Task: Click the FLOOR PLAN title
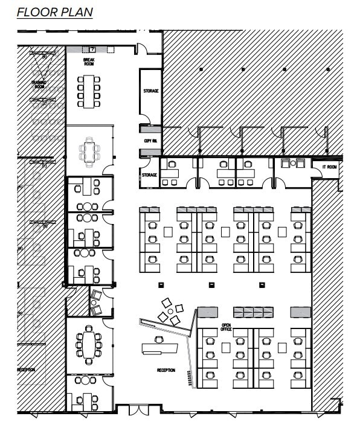coord(55,12)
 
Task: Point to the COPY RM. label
coord(150,141)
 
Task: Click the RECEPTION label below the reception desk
coord(166,370)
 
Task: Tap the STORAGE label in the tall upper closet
coord(150,91)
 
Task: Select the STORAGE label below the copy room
coord(149,175)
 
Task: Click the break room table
coord(89,91)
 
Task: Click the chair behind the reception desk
coord(158,339)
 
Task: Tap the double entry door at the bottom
coord(138,412)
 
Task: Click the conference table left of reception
coord(89,345)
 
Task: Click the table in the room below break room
coord(90,151)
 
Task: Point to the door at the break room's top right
coord(141,49)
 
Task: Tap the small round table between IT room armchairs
coord(293,163)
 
